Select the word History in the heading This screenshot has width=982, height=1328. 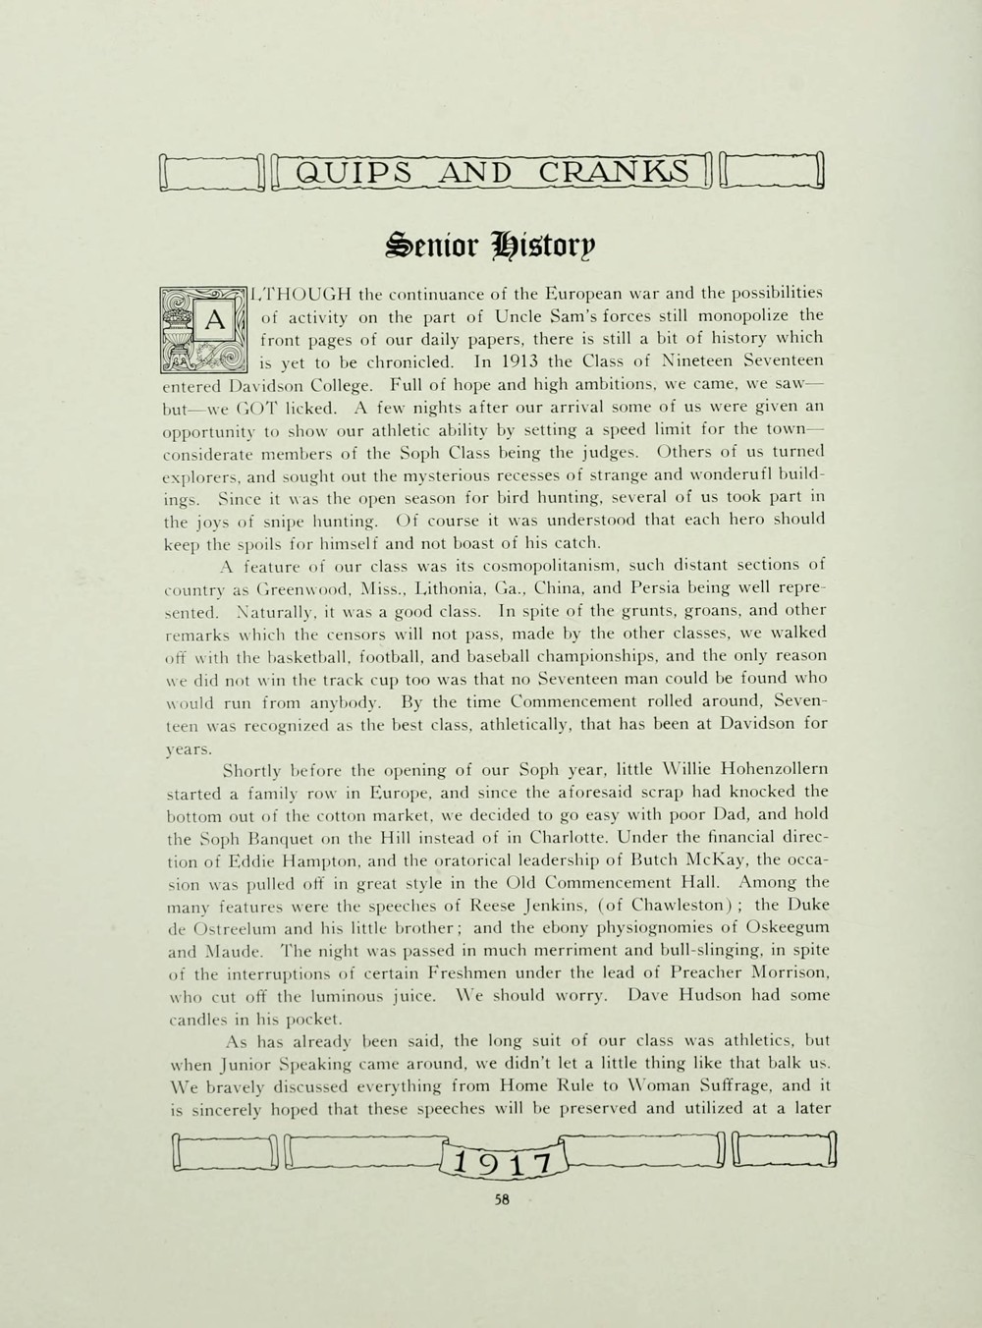tap(553, 242)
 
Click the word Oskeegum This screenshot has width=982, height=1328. tap(780, 926)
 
